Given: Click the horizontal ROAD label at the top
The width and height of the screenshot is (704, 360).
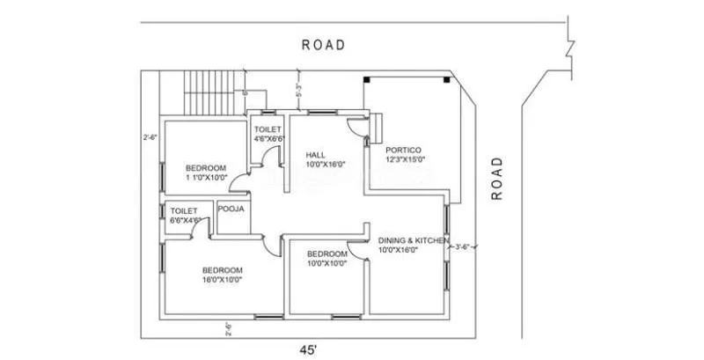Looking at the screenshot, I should [x=323, y=44].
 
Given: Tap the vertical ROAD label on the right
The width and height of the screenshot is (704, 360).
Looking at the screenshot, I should [x=497, y=179].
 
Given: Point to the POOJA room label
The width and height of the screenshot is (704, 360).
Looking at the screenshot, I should [x=231, y=209].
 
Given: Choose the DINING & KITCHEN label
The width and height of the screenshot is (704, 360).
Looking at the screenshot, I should [x=414, y=240].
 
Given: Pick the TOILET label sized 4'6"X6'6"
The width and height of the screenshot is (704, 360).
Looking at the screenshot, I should [x=268, y=129].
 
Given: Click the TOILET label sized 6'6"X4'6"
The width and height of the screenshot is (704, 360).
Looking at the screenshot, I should [x=184, y=211].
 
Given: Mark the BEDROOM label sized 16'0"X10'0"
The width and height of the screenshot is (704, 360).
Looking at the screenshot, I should [x=221, y=270].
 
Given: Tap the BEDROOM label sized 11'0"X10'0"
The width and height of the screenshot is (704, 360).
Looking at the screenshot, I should [x=206, y=168].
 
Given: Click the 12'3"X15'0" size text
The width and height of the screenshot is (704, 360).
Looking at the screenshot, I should [x=405, y=159].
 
